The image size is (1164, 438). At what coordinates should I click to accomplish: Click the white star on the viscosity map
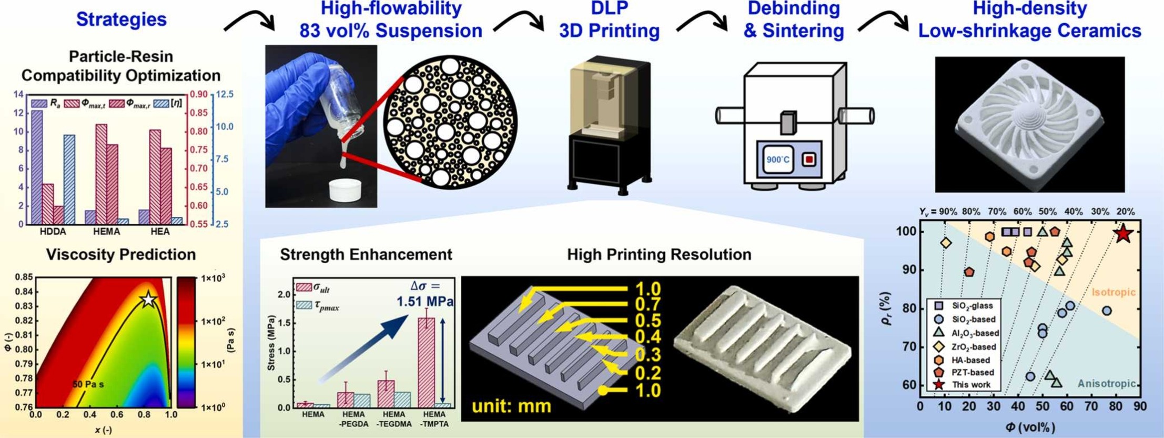coord(148,299)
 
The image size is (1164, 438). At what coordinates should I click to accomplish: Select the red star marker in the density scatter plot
coord(1122,234)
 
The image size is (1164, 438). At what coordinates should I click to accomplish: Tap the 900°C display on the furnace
coord(778,160)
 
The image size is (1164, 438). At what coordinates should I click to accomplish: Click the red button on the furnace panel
coord(808,159)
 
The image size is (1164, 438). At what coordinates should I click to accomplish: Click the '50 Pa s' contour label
coord(88,385)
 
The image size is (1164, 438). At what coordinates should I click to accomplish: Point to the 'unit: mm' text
coord(511,406)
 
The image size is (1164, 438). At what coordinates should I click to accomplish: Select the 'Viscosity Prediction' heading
coord(120,255)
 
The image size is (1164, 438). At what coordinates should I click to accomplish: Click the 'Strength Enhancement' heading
coord(366,255)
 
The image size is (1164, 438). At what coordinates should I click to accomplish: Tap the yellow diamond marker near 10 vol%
coord(946,243)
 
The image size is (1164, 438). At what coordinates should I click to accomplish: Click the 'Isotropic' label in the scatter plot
coord(1114,292)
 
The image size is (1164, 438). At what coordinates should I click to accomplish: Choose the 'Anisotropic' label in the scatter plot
coord(1106,384)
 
